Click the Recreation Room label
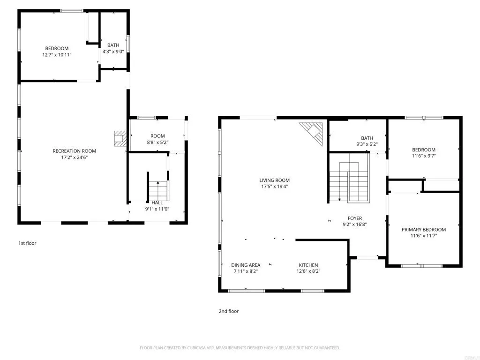pos(74,151)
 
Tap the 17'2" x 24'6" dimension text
pos(74,158)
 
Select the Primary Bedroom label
pos(423,230)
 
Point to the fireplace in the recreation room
pos(120,138)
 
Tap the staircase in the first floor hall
pos(158,190)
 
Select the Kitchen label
pos(308,265)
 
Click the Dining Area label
pos(246,265)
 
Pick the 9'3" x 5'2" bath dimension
pos(367,145)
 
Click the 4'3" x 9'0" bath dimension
pos(113,52)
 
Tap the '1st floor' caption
pos(27,243)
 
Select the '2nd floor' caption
pos(229,311)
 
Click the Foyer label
pos(354,218)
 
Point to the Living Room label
pos(274,180)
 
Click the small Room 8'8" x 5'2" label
pos(157,136)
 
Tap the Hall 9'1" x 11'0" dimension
pos(157,209)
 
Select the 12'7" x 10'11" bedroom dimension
pos(57,55)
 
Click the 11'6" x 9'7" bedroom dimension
pos(423,157)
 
